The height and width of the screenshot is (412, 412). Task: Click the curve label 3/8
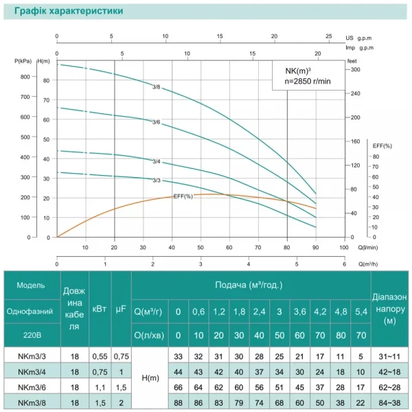157,87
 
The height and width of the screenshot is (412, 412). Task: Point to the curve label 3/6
157,122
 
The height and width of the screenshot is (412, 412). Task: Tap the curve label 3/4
157,161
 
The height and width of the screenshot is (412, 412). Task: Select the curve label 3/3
157,181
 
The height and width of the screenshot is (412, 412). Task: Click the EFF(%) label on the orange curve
183,196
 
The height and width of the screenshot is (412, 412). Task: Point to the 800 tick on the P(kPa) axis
24,77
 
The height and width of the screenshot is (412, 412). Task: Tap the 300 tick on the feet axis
355,70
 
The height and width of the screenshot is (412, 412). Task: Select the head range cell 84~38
390,402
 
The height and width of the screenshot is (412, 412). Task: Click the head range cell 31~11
390,356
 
